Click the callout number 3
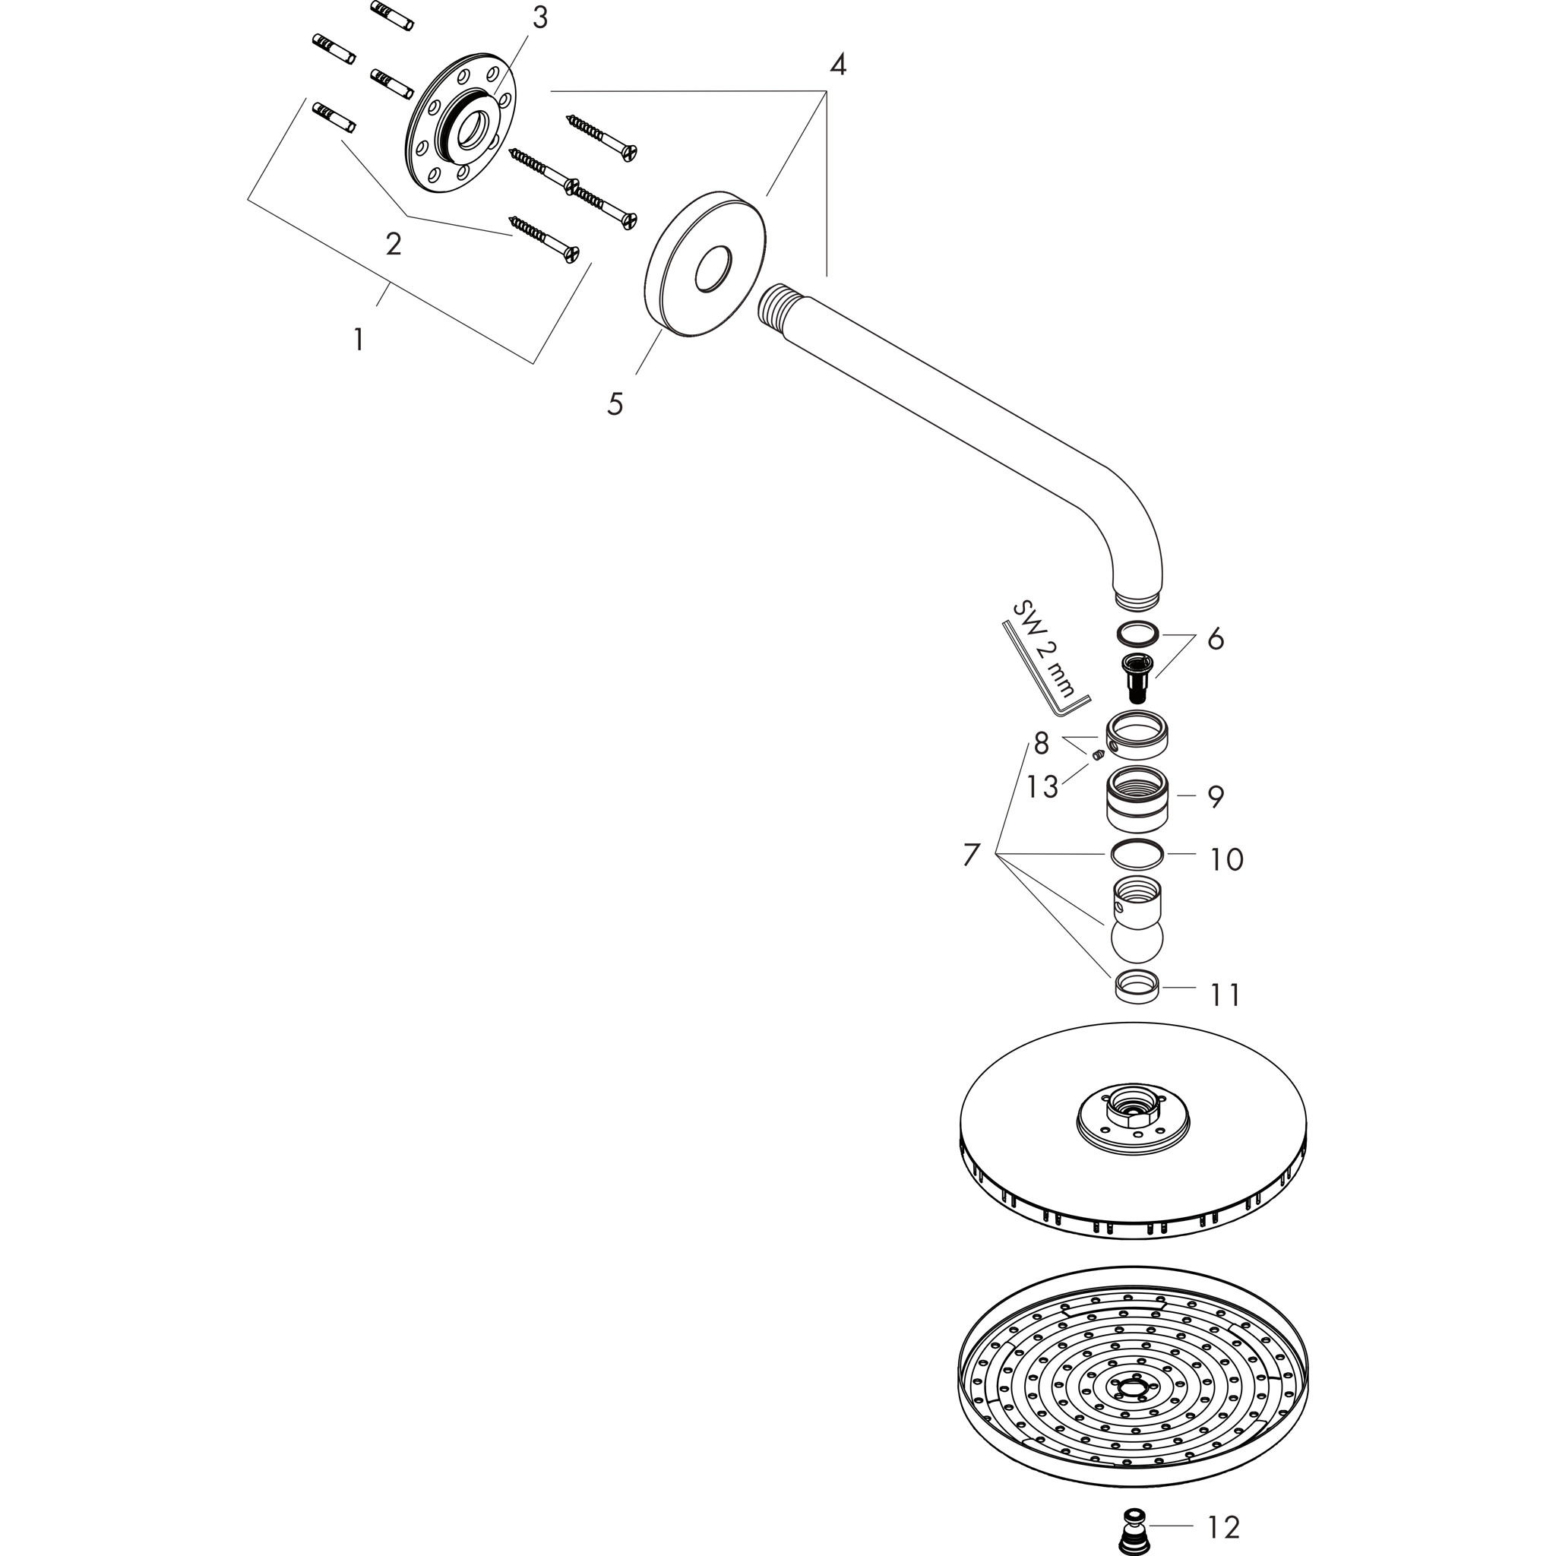point(539,17)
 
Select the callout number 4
point(837,65)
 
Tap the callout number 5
point(615,403)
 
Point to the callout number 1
point(359,340)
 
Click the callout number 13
point(1042,787)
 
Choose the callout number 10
point(1226,859)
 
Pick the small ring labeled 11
point(1137,988)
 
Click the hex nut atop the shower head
point(1132,1117)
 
